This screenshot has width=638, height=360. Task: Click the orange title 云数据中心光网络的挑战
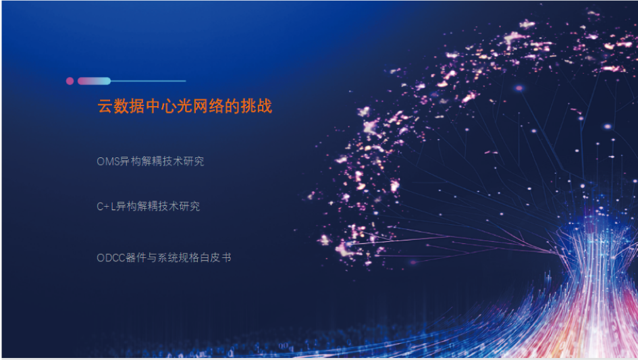point(185,106)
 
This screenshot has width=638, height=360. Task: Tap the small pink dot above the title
point(70,81)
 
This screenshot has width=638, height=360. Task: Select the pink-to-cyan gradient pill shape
point(94,81)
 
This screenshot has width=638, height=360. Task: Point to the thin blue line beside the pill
point(148,81)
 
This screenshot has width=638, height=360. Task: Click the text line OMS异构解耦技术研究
point(150,161)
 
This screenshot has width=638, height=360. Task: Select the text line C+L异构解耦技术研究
point(148,207)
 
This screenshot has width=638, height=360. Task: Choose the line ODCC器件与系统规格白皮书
point(164,258)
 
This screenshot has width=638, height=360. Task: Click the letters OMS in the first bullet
point(108,161)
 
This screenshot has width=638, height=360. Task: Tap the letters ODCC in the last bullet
point(111,258)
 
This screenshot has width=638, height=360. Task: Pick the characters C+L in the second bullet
point(106,207)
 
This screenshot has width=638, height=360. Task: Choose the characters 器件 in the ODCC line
point(136,258)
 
